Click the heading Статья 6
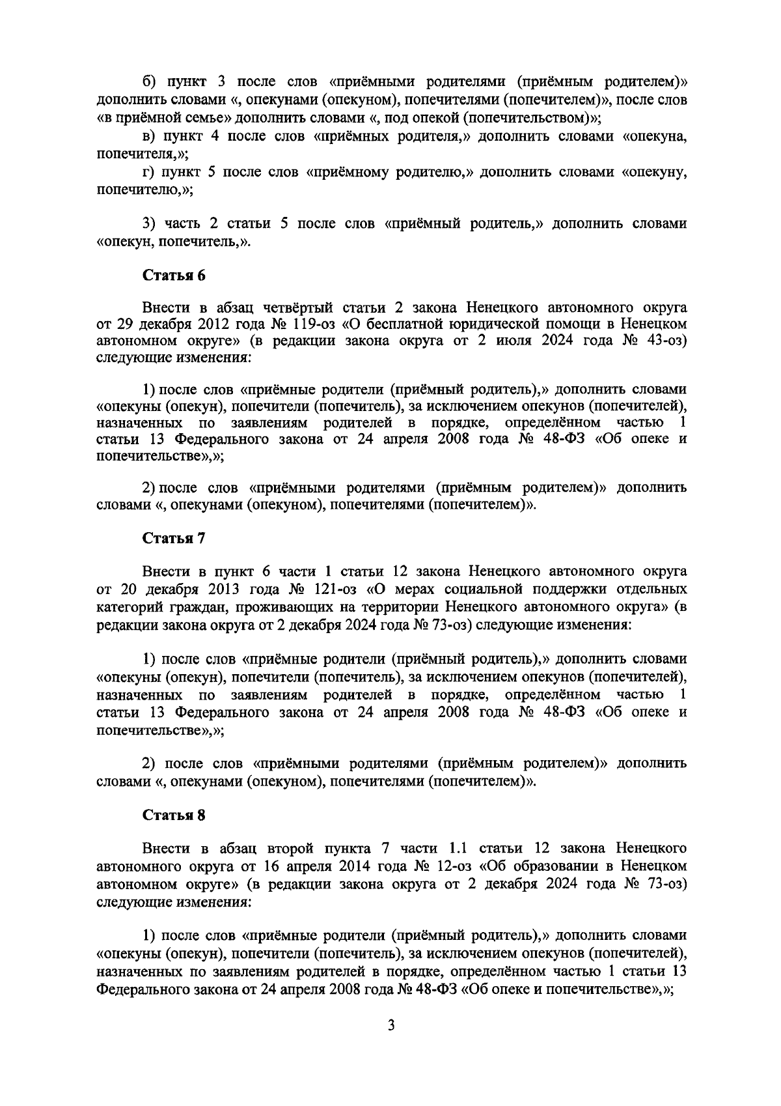coord(174,275)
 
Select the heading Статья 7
coord(174,539)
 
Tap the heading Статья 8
coord(174,815)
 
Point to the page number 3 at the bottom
coord(391,1026)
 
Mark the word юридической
coord(500,324)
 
